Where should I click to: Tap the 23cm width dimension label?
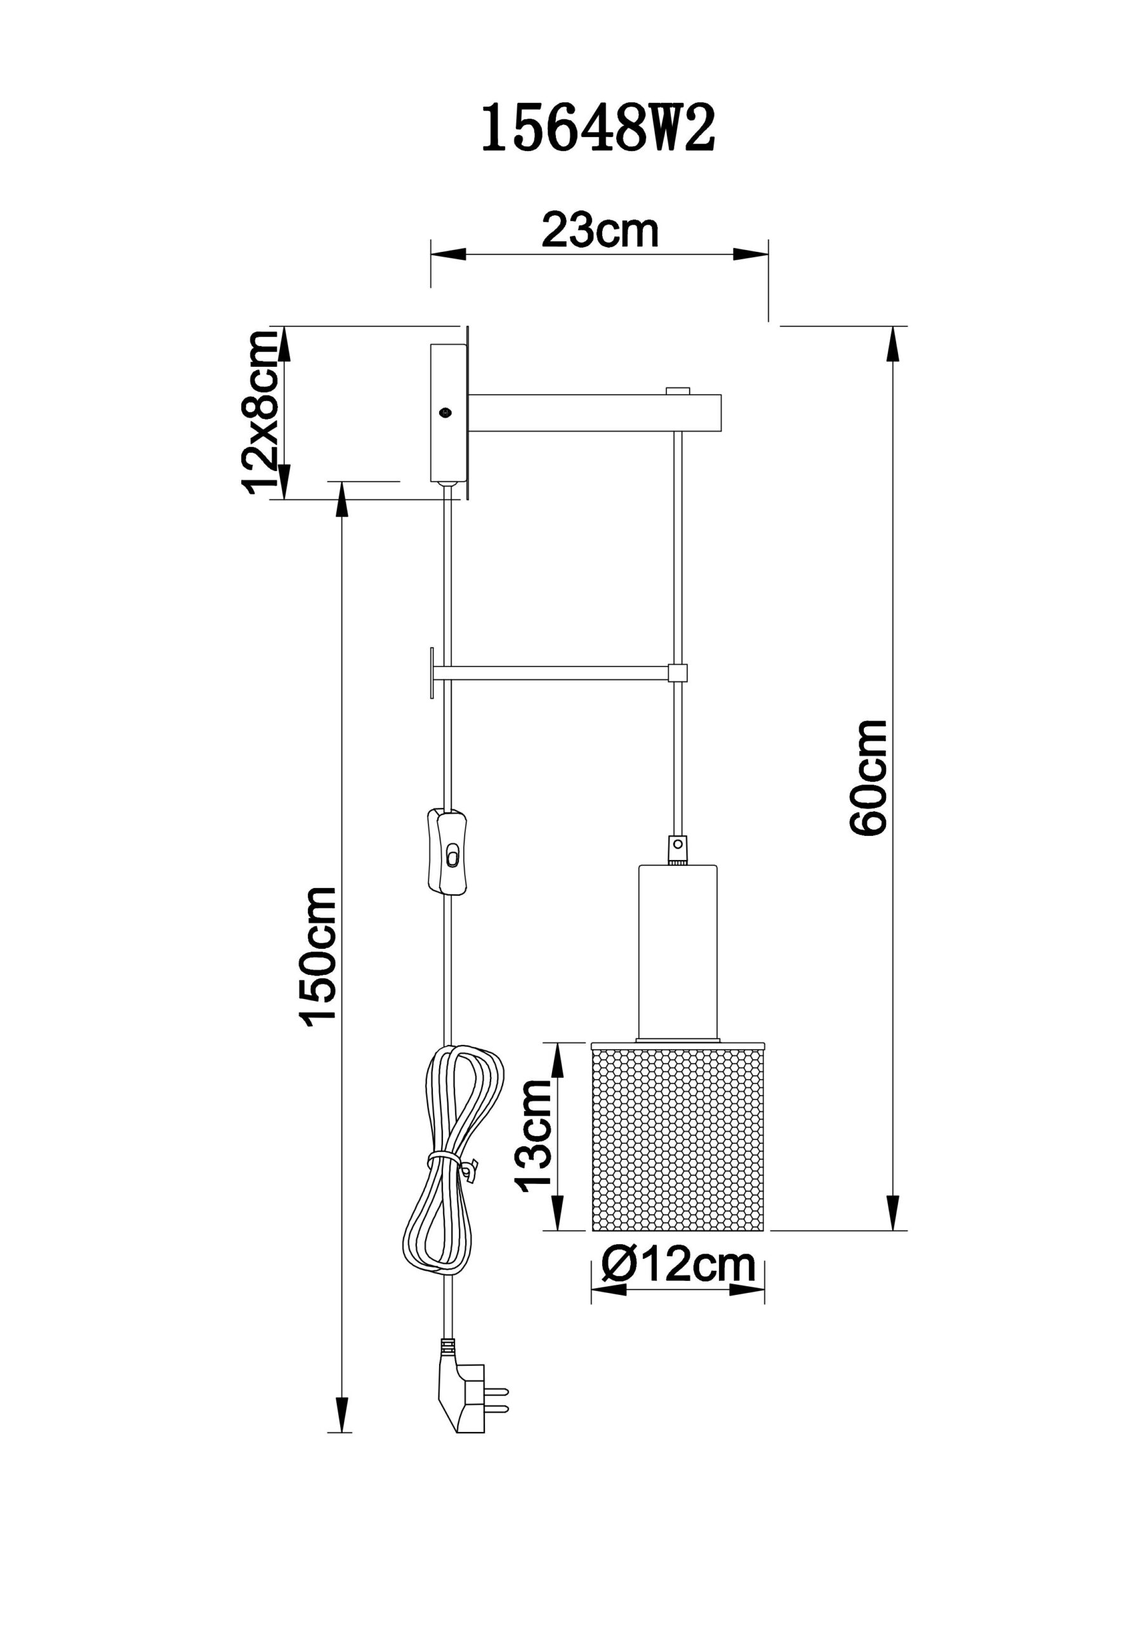pyautogui.click(x=600, y=230)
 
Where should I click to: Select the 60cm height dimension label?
pyautogui.click(x=869, y=778)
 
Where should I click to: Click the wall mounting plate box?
pyautogui.click(x=449, y=413)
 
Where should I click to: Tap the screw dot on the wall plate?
pyautogui.click(x=445, y=411)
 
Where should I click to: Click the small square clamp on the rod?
pyautogui.click(x=678, y=672)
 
